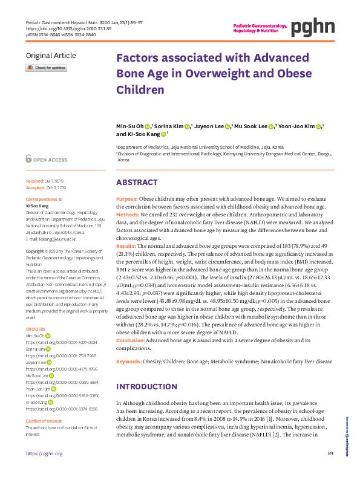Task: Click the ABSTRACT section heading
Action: point(136,182)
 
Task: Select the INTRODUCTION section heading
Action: point(145,386)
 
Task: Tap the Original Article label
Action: point(51,56)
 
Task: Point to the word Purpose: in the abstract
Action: point(127,199)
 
